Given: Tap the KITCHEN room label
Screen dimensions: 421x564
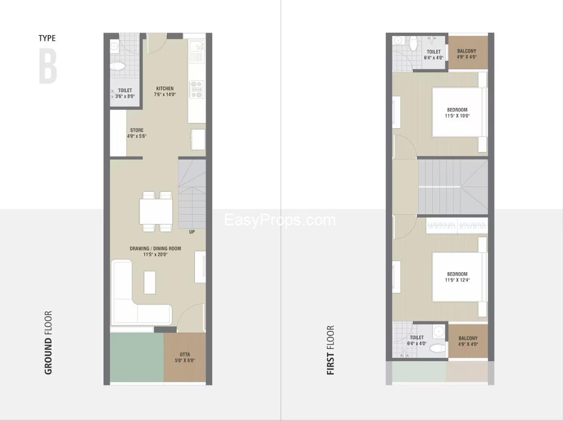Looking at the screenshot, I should pyautogui.click(x=164, y=91).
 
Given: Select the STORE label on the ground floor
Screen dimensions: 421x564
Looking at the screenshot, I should pyautogui.click(x=137, y=133).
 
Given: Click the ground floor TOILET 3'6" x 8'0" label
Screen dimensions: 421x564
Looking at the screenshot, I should pyautogui.click(x=125, y=93).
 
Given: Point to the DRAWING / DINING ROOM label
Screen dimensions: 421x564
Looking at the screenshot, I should pyautogui.click(x=155, y=251).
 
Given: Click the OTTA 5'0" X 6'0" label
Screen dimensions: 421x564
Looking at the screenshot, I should pyautogui.click(x=184, y=357).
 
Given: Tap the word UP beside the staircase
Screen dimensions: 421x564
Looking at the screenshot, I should pyautogui.click(x=192, y=232).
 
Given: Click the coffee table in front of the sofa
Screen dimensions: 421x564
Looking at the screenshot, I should pyautogui.click(x=150, y=282).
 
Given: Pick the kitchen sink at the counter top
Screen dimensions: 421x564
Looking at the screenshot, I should pyautogui.click(x=196, y=51).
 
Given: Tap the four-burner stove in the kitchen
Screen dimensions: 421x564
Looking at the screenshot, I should pyautogui.click(x=196, y=89).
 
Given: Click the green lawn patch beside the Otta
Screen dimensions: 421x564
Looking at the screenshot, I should pyautogui.click(x=137, y=357).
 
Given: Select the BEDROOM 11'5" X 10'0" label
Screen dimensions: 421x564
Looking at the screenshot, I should pyautogui.click(x=457, y=113).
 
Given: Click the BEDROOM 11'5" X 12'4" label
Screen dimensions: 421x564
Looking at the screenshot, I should pyautogui.click(x=457, y=277).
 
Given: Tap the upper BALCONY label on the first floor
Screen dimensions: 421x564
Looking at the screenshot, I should pyautogui.click(x=467, y=54).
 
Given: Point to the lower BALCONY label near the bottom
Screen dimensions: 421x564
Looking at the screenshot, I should pyautogui.click(x=468, y=341).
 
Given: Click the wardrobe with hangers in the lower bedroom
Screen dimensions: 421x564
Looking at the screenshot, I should pyautogui.click(x=457, y=226).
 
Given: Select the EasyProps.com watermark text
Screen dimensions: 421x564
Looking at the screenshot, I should pyautogui.click(x=280, y=220).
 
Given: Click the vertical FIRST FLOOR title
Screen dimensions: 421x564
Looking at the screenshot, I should pyautogui.click(x=331, y=350).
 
